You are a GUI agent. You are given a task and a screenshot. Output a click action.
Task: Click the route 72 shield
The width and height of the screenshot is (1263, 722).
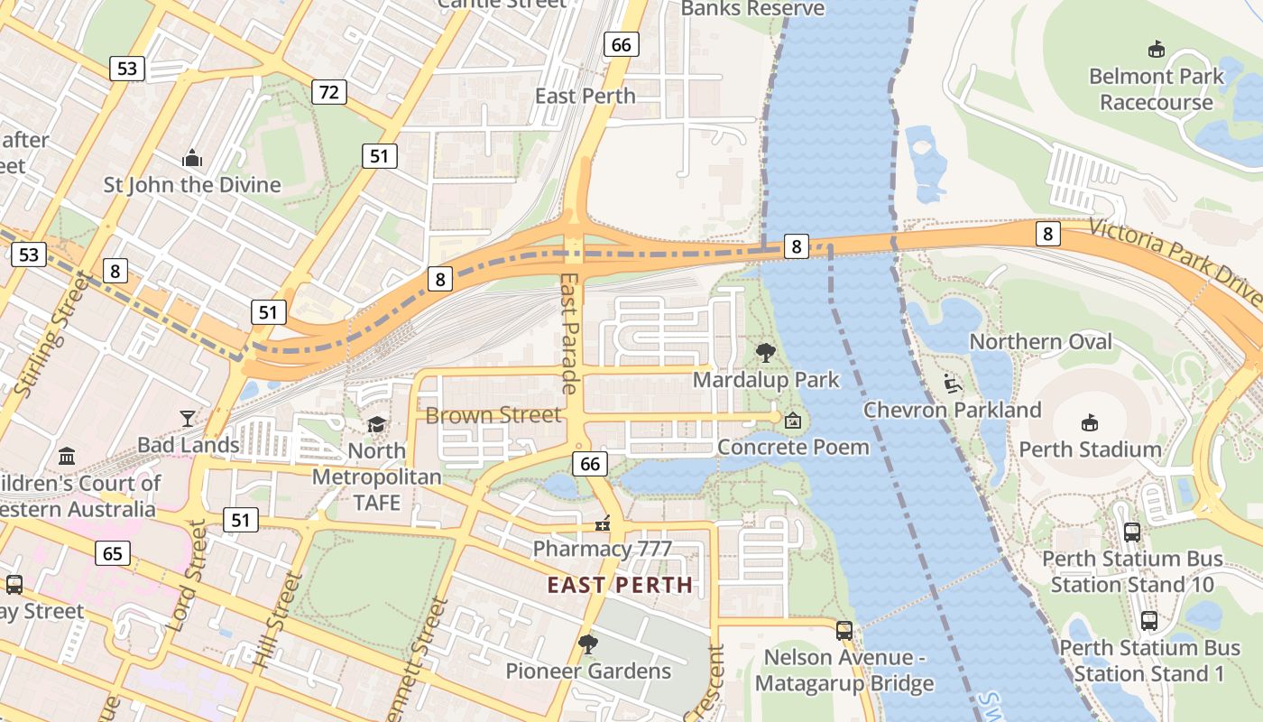pyautogui.click(x=329, y=91)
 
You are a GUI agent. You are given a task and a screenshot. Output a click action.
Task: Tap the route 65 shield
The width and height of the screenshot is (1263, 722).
pyautogui.click(x=112, y=552)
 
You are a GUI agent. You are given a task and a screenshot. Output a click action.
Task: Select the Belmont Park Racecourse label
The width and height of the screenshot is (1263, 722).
pyautogui.click(x=1156, y=88)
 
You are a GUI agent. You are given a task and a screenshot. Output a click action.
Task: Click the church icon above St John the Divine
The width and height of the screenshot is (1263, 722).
pyautogui.click(x=192, y=159)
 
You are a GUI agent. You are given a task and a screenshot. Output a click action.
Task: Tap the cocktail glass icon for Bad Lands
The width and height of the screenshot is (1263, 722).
pyautogui.click(x=187, y=418)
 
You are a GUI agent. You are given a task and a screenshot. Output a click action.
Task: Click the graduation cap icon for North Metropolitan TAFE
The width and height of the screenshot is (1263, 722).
pyautogui.click(x=376, y=423)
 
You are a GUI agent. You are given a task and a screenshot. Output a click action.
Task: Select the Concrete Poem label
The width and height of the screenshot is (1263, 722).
pyautogui.click(x=794, y=447)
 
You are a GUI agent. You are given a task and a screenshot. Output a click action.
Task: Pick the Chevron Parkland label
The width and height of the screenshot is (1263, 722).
pyautogui.click(x=953, y=410)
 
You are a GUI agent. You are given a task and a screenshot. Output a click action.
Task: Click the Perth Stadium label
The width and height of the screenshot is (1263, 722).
pyautogui.click(x=1090, y=449)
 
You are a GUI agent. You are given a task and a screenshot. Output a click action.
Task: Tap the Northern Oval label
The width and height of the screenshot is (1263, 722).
pyautogui.click(x=1041, y=341)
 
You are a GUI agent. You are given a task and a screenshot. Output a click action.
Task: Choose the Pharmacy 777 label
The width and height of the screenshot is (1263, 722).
pyautogui.click(x=602, y=548)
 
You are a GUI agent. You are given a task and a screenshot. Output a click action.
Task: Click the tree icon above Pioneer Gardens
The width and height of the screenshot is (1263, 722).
pyautogui.click(x=587, y=643)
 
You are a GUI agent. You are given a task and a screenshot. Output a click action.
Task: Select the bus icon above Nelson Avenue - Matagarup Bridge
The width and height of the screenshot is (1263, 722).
pyautogui.click(x=844, y=631)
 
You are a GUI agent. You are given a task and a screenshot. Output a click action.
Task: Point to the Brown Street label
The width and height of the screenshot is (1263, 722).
pyautogui.click(x=493, y=415)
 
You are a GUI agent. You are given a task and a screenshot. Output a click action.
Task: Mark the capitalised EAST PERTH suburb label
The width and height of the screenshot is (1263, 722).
pyautogui.click(x=620, y=585)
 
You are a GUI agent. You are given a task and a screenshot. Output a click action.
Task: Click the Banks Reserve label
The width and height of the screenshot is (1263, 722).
pyautogui.click(x=752, y=9)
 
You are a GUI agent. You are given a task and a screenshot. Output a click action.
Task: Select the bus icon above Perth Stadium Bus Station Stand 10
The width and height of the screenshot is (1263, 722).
pyautogui.click(x=1131, y=532)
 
